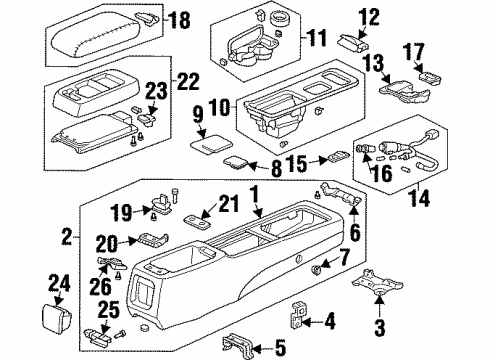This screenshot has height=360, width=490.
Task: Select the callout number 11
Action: coord(316,38)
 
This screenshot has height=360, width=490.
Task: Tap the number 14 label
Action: coord(420,198)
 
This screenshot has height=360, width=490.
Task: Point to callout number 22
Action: coord(188,81)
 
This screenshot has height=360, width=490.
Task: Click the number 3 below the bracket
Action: coord(380,327)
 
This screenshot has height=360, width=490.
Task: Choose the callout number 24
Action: coord(60,284)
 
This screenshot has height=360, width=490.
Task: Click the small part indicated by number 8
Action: coord(235,162)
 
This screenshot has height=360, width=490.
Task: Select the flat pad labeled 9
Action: coord(211,144)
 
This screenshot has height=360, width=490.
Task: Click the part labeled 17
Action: coord(429,78)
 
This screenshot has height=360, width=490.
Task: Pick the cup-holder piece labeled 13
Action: coord(404,91)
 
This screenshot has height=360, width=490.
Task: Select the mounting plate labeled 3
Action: coord(377,283)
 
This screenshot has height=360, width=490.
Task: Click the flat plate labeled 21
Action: coord(197,221)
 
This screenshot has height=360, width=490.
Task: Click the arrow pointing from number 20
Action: coord(128,242)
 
